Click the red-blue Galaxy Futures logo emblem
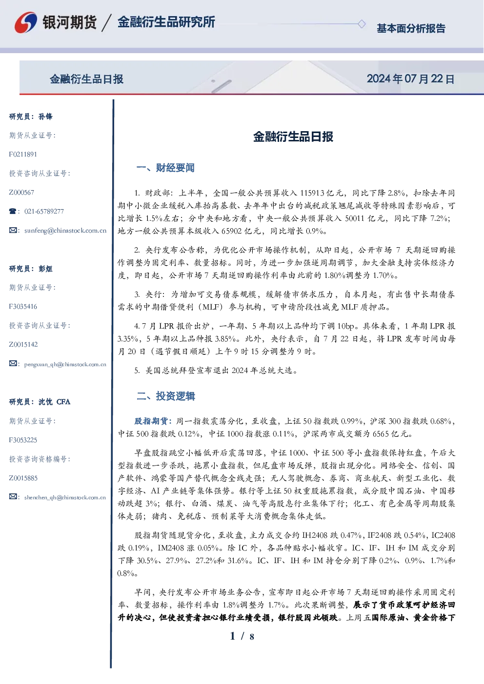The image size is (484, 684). pos(26,22)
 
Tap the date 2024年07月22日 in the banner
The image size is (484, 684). pos(410,79)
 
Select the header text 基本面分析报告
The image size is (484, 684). pos(411,28)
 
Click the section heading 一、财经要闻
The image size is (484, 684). pos(165,168)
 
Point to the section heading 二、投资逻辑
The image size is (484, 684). pos(165,396)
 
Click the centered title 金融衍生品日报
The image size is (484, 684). pos(293,137)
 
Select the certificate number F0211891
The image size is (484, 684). pos(23,154)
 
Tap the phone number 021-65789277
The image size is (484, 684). pos(44,211)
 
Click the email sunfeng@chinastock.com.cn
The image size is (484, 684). pos(65,231)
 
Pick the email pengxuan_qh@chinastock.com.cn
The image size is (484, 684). pos(65,364)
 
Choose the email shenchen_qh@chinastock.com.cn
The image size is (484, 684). pos(65,497)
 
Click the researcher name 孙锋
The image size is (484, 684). pos(45,117)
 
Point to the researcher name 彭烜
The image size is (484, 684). pos(45,269)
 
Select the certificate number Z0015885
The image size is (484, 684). pos(23,478)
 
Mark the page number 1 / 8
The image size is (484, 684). pos(242,636)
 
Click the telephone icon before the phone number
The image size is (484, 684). pos(13,211)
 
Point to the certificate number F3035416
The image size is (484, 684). pos(23,307)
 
